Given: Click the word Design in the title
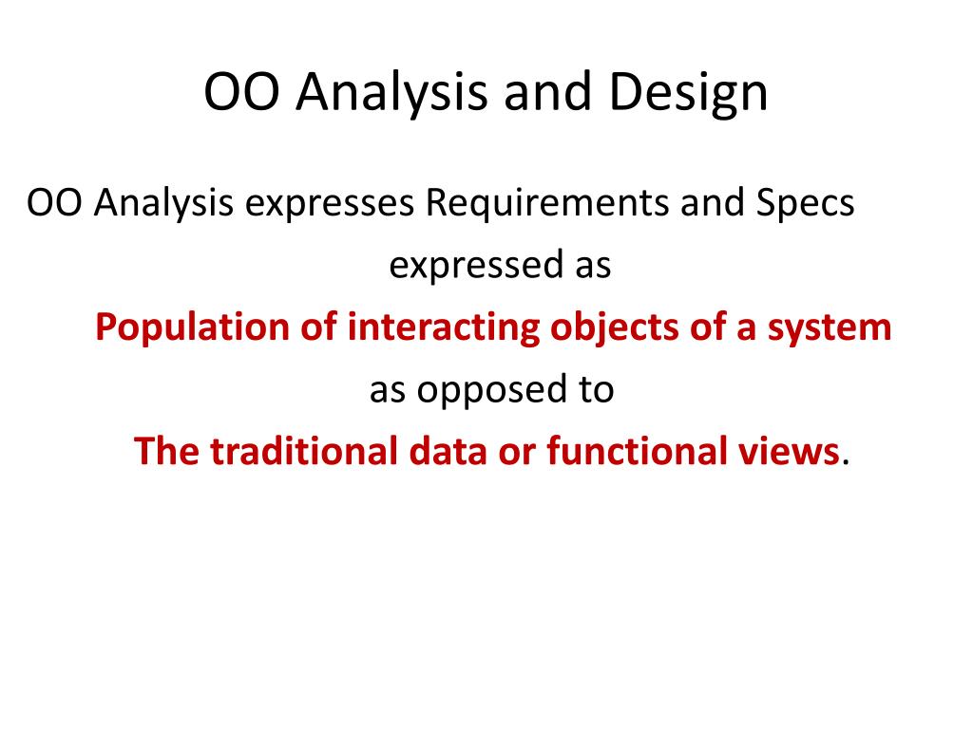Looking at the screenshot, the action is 688,92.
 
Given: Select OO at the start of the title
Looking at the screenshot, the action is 241,92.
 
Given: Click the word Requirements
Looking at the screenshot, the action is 546,203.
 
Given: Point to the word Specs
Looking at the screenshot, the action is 805,203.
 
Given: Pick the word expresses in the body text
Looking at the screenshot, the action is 329,204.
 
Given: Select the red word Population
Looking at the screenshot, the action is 192,327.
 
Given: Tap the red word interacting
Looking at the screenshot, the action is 443,328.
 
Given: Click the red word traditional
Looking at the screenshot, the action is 304,451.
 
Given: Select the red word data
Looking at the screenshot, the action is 448,451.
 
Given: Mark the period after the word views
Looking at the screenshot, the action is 845,463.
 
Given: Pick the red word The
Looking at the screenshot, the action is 166,451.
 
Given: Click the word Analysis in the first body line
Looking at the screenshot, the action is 163,203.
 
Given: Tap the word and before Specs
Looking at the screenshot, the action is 713,203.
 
